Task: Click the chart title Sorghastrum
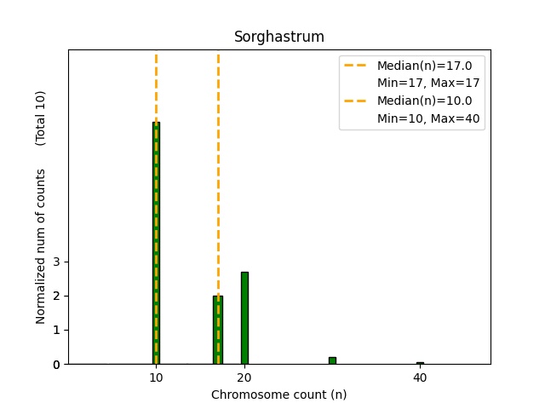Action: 279,37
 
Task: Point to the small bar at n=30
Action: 332,360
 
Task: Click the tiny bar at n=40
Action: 420,363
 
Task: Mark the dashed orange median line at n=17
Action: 218,170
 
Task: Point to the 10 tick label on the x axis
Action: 156,377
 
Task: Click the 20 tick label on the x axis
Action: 244,377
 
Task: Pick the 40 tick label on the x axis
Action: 420,377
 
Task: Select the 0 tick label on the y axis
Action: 56,365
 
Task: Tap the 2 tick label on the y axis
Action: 56,296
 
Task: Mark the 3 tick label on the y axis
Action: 56,262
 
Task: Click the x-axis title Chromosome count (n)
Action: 279,395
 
